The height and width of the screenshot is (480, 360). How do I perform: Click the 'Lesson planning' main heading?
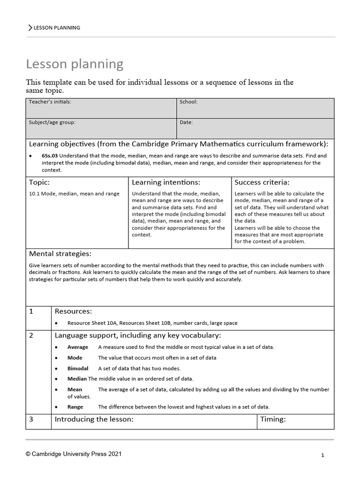[75, 64]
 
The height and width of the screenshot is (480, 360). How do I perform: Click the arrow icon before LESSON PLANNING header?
[30, 28]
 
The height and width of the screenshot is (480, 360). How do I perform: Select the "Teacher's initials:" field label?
[50, 102]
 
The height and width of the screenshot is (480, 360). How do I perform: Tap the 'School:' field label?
[188, 102]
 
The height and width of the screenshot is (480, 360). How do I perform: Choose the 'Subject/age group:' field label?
[52, 122]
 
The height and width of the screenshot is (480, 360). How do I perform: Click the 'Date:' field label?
[186, 122]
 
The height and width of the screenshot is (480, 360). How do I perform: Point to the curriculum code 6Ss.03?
[50, 156]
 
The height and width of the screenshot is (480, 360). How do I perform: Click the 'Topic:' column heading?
[39, 182]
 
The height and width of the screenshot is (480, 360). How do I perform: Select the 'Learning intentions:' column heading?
[166, 182]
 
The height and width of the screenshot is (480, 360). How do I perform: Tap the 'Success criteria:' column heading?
[262, 182]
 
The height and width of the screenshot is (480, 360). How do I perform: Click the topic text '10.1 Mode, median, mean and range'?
[74, 194]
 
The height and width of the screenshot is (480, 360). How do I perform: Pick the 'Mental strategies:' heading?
[60, 254]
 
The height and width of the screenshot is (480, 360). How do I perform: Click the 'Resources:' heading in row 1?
[73, 311]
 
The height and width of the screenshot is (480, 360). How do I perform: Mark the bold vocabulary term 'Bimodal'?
[78, 368]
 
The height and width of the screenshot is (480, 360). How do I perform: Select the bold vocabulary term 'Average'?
[78, 347]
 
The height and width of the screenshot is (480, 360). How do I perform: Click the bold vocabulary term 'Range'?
[75, 407]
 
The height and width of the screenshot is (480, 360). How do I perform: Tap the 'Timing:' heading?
[273, 420]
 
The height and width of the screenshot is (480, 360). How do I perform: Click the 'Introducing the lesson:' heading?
[94, 420]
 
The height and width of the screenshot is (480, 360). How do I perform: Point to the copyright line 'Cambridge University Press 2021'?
[75, 454]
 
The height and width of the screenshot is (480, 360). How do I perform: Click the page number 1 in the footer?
[323, 455]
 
